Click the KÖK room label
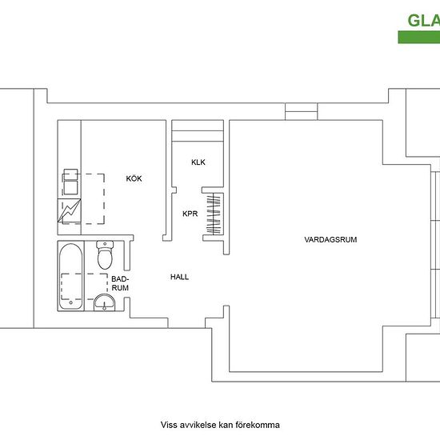pyautogui.click(x=134, y=178)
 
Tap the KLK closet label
pyautogui.click(x=198, y=162)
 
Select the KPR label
pyautogui.click(x=190, y=214)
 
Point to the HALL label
pyautogui.click(x=179, y=277)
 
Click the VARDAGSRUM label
pyautogui.click(x=330, y=240)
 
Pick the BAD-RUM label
pyautogui.click(x=120, y=283)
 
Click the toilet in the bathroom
pyautogui.click(x=105, y=254)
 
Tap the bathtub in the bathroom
pyautogui.click(x=71, y=277)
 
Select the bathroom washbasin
pyautogui.click(x=104, y=302)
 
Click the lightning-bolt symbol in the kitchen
pyautogui.click(x=70, y=210)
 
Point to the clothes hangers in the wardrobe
pyautogui.click(x=214, y=214)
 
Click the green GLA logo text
pyautogui.click(x=423, y=21)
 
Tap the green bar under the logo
pyautogui.click(x=419, y=38)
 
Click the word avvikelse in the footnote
pyautogui.click(x=197, y=425)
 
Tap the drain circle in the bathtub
pyautogui.click(x=70, y=302)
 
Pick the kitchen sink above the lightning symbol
pyautogui.click(x=70, y=182)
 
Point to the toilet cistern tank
pyautogui.click(x=105, y=245)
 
